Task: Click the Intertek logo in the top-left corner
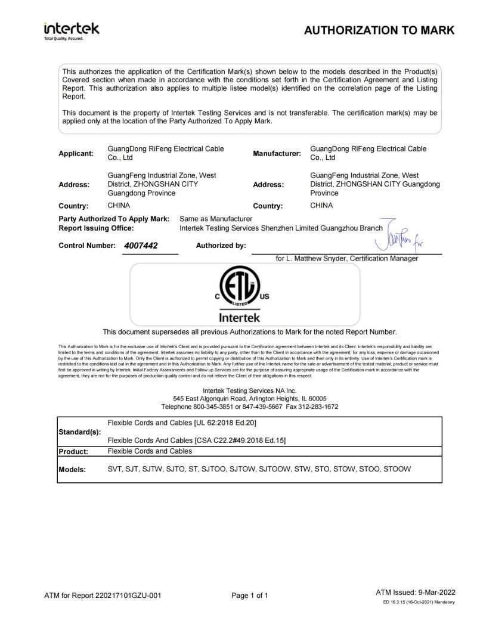(72, 30)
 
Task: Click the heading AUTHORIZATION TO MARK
(379, 30)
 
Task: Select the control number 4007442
(141, 245)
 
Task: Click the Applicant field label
(76, 153)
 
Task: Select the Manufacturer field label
(277, 153)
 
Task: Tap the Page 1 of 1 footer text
(250, 595)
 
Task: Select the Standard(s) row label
(79, 431)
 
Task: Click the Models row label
(73, 469)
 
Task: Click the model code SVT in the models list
(114, 469)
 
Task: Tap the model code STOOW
(397, 469)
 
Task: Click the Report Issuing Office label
(96, 228)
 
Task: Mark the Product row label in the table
(73, 451)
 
